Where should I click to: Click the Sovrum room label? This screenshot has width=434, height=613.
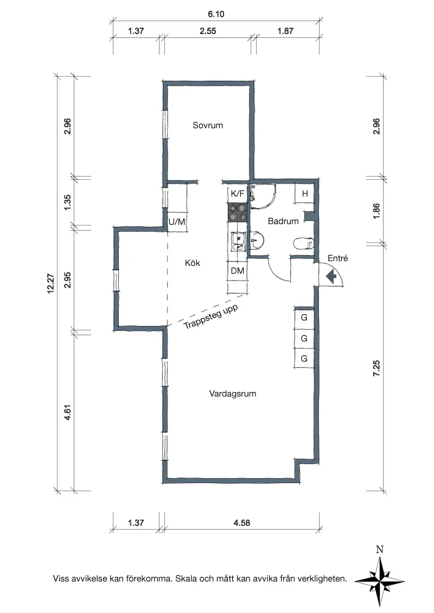tap(208, 126)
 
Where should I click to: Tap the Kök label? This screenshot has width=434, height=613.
tap(193, 263)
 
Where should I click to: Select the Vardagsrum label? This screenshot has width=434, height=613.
tap(233, 394)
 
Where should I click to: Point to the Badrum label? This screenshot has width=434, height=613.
tap(283, 221)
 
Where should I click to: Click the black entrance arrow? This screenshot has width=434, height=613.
tap(331, 277)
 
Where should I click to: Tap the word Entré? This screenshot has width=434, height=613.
tap(337, 258)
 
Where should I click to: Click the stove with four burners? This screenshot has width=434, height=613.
tap(238, 213)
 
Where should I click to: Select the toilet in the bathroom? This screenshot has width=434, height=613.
tap(304, 243)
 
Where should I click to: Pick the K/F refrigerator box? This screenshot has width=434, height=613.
tap(238, 193)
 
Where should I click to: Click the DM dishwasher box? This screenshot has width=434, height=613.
tap(238, 271)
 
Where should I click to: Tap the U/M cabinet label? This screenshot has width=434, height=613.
tap(177, 221)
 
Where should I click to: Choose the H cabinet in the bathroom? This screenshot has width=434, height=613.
tap(305, 193)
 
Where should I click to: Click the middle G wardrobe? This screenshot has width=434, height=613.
tap(304, 338)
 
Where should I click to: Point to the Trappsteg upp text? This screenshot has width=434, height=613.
tap(210, 317)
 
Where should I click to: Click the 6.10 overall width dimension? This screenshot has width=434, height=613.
tap(216, 14)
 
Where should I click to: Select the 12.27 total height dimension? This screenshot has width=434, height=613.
tap(51, 283)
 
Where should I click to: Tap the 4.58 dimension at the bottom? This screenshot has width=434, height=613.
tap(241, 523)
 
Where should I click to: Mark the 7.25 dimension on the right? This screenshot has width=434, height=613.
tap(376, 368)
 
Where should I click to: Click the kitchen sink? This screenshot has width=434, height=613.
tap(238, 241)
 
